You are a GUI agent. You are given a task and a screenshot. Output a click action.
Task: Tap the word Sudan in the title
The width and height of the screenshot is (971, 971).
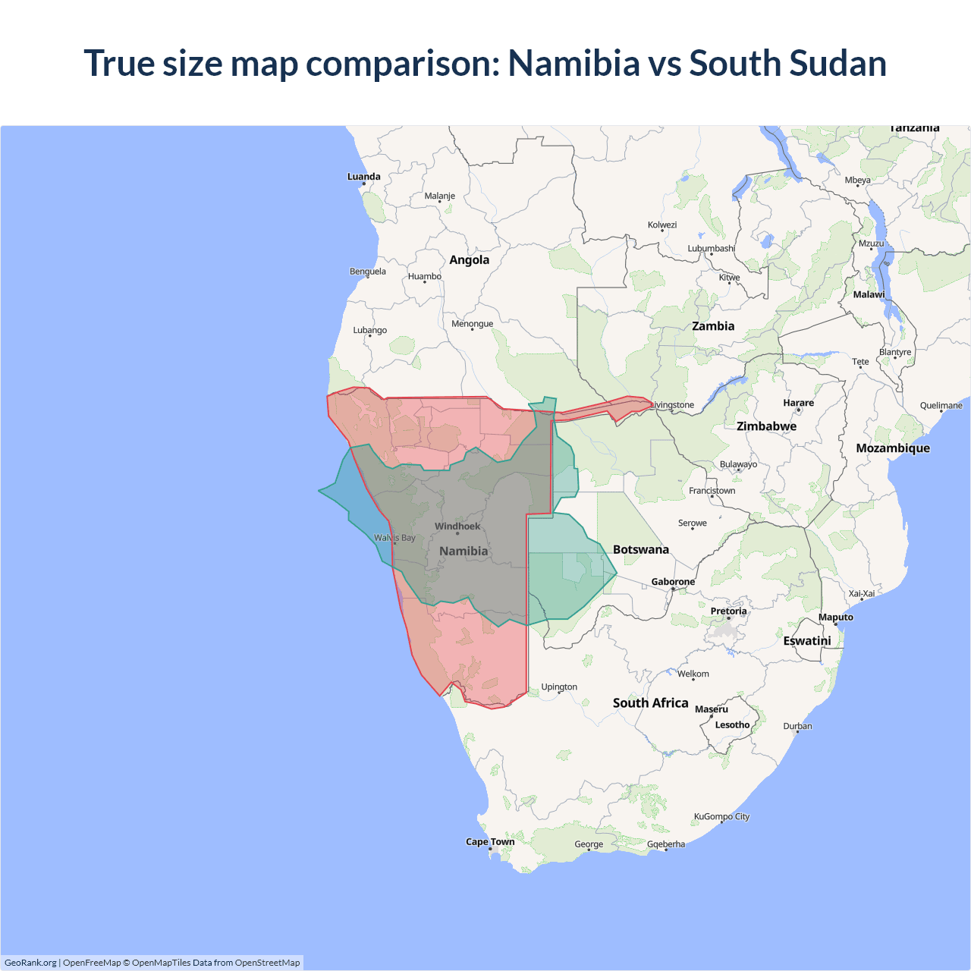(839, 63)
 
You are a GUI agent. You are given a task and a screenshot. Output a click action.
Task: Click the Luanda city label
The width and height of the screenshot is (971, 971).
(363, 177)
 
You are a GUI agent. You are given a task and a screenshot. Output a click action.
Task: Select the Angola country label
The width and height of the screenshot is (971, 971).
(469, 260)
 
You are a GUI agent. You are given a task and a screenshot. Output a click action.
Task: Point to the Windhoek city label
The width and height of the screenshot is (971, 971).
(457, 526)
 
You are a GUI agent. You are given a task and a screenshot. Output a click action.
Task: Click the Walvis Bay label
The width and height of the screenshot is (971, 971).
(394, 538)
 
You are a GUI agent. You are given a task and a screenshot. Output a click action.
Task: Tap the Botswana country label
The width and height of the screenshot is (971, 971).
(640, 550)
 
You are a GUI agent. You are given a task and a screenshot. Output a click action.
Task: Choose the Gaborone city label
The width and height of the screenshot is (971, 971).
(673, 582)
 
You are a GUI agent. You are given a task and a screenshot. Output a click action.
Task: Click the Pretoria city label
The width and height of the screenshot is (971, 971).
(728, 611)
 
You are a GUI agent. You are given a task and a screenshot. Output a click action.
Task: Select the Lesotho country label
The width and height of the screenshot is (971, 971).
(732, 725)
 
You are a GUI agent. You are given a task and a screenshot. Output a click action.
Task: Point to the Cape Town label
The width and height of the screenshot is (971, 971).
(490, 842)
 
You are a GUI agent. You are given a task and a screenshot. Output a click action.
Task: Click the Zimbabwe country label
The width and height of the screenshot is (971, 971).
(766, 426)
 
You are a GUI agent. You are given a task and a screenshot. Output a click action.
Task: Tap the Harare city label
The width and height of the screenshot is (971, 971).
(798, 403)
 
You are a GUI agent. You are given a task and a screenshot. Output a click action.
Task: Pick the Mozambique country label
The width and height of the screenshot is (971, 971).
(893, 448)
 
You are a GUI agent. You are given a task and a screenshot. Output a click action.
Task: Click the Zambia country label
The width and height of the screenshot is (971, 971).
(713, 326)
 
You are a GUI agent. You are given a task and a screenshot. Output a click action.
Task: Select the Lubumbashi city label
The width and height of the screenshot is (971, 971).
(711, 248)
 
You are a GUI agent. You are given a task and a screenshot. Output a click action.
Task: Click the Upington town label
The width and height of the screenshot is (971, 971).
(559, 687)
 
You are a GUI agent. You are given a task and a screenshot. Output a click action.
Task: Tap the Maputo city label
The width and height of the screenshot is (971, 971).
(835, 617)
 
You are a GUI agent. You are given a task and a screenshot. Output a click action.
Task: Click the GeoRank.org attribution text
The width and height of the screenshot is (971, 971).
(30, 963)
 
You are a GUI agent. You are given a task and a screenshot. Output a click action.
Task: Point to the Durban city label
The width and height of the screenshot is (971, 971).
(797, 726)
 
